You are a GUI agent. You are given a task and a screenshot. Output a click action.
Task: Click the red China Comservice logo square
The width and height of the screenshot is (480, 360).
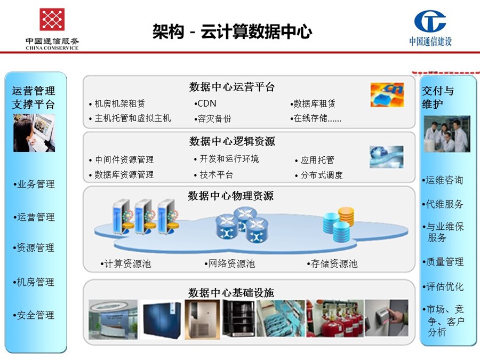point(52,19)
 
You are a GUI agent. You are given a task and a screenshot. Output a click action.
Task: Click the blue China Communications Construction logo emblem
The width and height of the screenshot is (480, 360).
point(430,21)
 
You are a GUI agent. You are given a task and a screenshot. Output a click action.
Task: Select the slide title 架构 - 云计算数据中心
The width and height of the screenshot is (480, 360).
point(232,31)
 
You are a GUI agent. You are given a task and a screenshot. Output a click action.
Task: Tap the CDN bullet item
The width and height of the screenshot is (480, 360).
point(205,103)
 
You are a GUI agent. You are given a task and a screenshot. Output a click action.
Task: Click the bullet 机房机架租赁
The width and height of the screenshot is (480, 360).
point(117,104)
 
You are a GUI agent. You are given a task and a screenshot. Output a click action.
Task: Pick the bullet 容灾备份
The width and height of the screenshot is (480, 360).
point(213,118)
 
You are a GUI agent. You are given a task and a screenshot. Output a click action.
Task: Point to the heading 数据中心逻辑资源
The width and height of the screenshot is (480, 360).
point(232,141)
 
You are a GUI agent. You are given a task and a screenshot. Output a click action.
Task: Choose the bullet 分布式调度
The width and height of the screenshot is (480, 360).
point(319,175)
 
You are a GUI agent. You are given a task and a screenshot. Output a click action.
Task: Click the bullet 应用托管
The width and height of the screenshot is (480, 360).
point(314,160)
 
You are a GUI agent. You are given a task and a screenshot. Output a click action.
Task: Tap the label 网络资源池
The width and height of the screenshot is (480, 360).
point(230,263)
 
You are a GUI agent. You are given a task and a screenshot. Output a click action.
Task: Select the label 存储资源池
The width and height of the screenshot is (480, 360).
point(332,263)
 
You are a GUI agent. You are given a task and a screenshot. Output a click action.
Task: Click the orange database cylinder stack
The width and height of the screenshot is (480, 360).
point(346,217)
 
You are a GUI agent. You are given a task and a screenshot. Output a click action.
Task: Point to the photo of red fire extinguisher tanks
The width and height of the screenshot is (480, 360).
point(335,318)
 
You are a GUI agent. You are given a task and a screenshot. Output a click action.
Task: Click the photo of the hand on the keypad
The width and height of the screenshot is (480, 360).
point(386,318)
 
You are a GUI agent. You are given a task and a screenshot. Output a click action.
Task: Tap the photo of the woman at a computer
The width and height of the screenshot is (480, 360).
point(34,133)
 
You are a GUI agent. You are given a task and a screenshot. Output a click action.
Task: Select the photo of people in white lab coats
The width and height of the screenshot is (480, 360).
point(447,134)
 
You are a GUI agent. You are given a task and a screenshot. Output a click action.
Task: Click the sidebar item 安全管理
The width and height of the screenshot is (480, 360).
point(34,315)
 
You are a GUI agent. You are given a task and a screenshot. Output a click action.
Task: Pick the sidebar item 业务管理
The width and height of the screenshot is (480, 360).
point(34,184)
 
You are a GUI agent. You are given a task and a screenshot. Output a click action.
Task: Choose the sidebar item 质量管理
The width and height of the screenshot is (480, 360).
point(443,262)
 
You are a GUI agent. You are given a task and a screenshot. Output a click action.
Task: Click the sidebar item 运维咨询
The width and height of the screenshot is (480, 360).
point(443,180)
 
